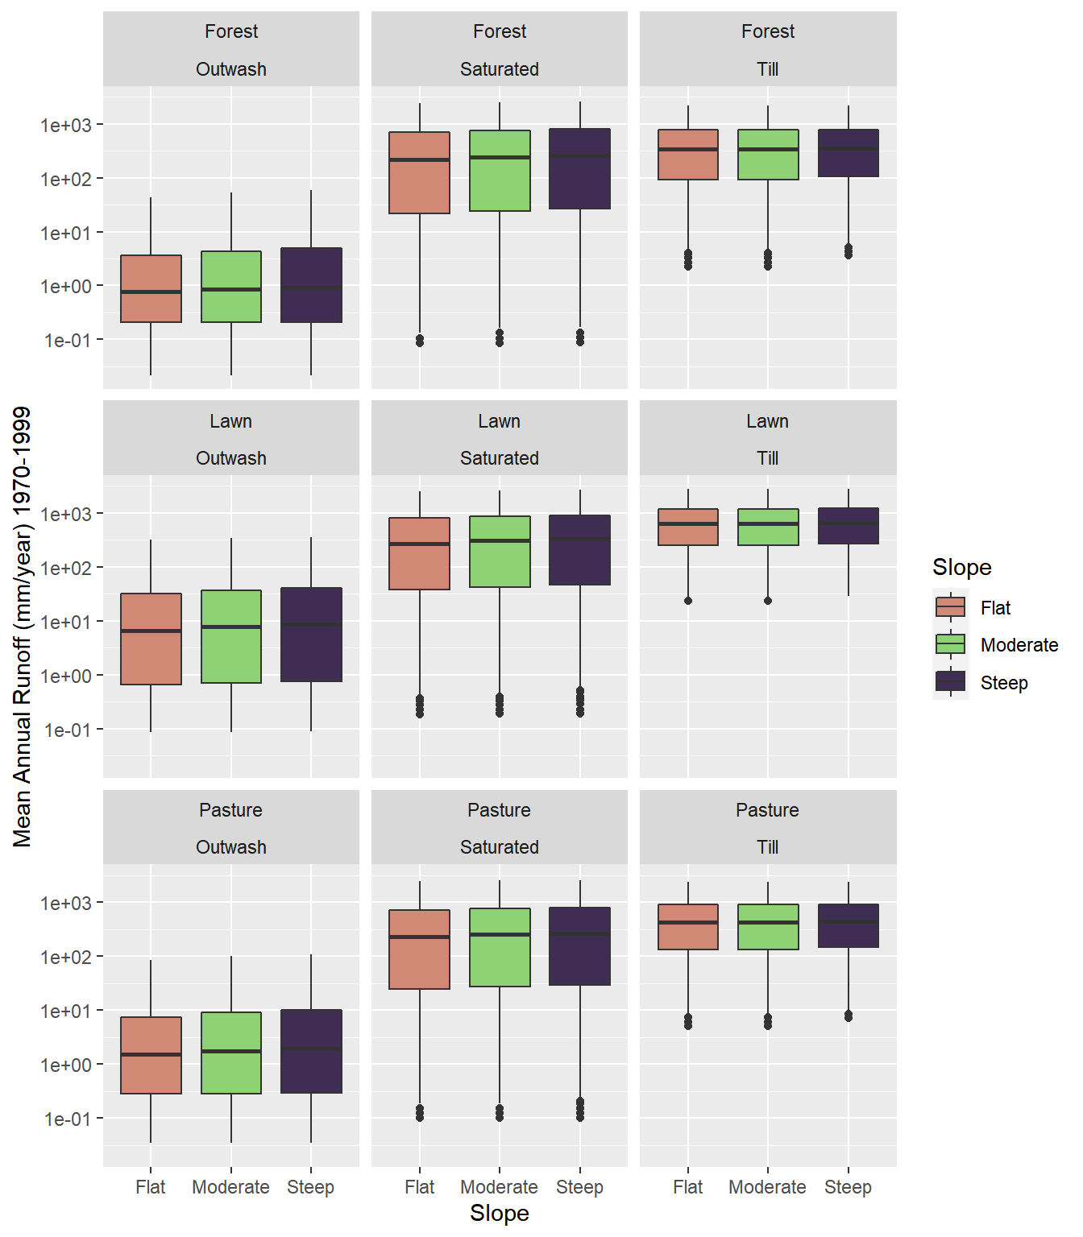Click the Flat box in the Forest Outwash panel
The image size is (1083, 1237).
point(151,288)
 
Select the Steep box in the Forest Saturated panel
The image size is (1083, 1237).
point(580,168)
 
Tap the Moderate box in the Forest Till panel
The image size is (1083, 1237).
point(768,155)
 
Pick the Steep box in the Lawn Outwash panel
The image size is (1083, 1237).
point(311,635)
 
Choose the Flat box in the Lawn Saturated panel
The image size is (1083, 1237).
point(419,553)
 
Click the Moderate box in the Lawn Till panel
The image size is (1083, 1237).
point(768,527)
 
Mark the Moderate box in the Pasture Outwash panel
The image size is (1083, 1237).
point(231,1053)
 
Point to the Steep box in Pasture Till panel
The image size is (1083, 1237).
point(849,925)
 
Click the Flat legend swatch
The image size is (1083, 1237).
point(951,607)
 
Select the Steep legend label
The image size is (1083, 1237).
point(1004,683)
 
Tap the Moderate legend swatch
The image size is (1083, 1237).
point(951,644)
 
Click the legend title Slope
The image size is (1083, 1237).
point(961,567)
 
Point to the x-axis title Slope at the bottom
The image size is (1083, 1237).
point(500,1213)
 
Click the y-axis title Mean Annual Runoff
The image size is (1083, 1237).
point(23,627)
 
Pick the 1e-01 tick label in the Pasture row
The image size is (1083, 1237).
point(66,1119)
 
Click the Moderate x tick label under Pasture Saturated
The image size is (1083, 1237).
point(500,1187)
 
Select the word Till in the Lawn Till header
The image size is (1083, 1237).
point(768,458)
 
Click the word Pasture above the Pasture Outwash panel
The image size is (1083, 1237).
point(231,810)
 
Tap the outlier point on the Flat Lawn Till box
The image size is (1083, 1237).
point(688,601)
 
